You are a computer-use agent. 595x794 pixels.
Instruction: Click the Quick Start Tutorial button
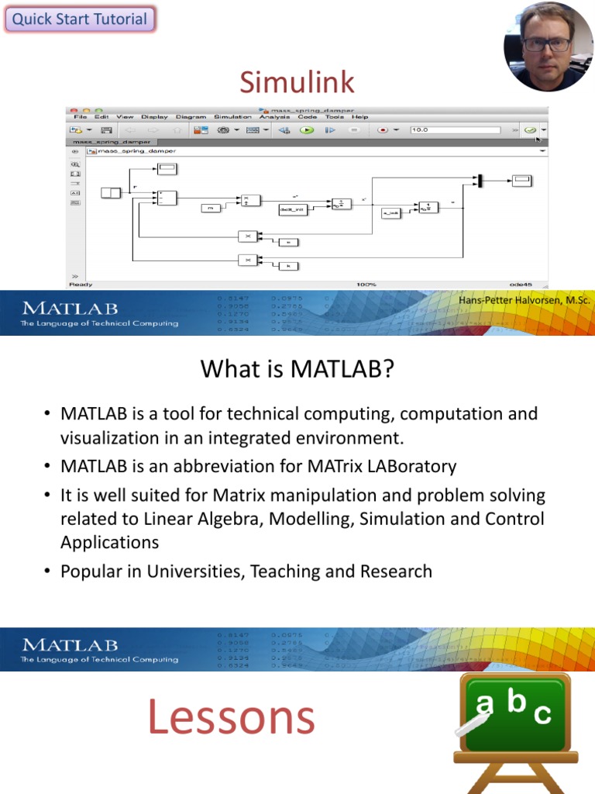(x=80, y=19)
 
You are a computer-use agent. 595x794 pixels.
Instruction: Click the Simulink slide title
(x=297, y=81)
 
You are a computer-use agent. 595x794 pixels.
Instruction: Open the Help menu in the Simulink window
(x=359, y=117)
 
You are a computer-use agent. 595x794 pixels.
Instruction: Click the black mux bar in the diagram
(x=480, y=181)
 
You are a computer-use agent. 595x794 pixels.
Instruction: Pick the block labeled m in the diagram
(x=211, y=208)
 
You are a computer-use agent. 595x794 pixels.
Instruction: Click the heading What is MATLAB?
(x=297, y=369)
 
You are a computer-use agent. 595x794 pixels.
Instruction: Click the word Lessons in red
(x=231, y=717)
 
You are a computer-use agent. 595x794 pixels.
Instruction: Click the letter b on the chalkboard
(x=516, y=703)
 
